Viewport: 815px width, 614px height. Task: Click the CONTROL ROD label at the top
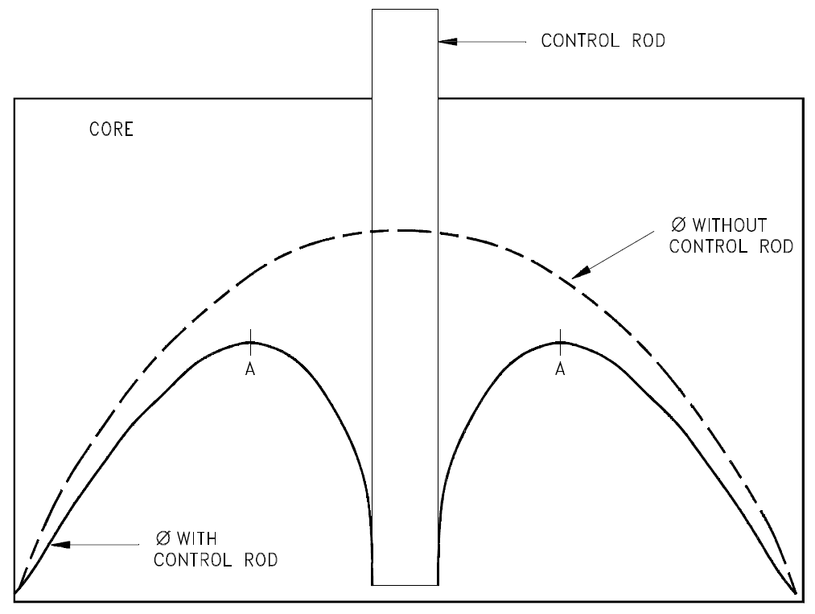[x=603, y=40]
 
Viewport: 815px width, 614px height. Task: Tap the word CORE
[x=111, y=130]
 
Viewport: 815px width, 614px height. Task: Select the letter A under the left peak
[x=251, y=368]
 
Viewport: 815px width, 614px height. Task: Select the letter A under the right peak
[x=561, y=368]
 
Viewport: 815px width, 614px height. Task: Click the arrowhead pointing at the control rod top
[x=447, y=40]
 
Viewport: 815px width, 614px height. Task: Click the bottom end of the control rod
[x=405, y=584]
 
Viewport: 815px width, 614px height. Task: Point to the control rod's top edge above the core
[x=405, y=10]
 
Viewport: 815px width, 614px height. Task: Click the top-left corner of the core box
[x=14, y=99]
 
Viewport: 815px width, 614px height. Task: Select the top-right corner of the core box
[x=803, y=99]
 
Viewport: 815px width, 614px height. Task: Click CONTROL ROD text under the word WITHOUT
[x=731, y=246]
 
